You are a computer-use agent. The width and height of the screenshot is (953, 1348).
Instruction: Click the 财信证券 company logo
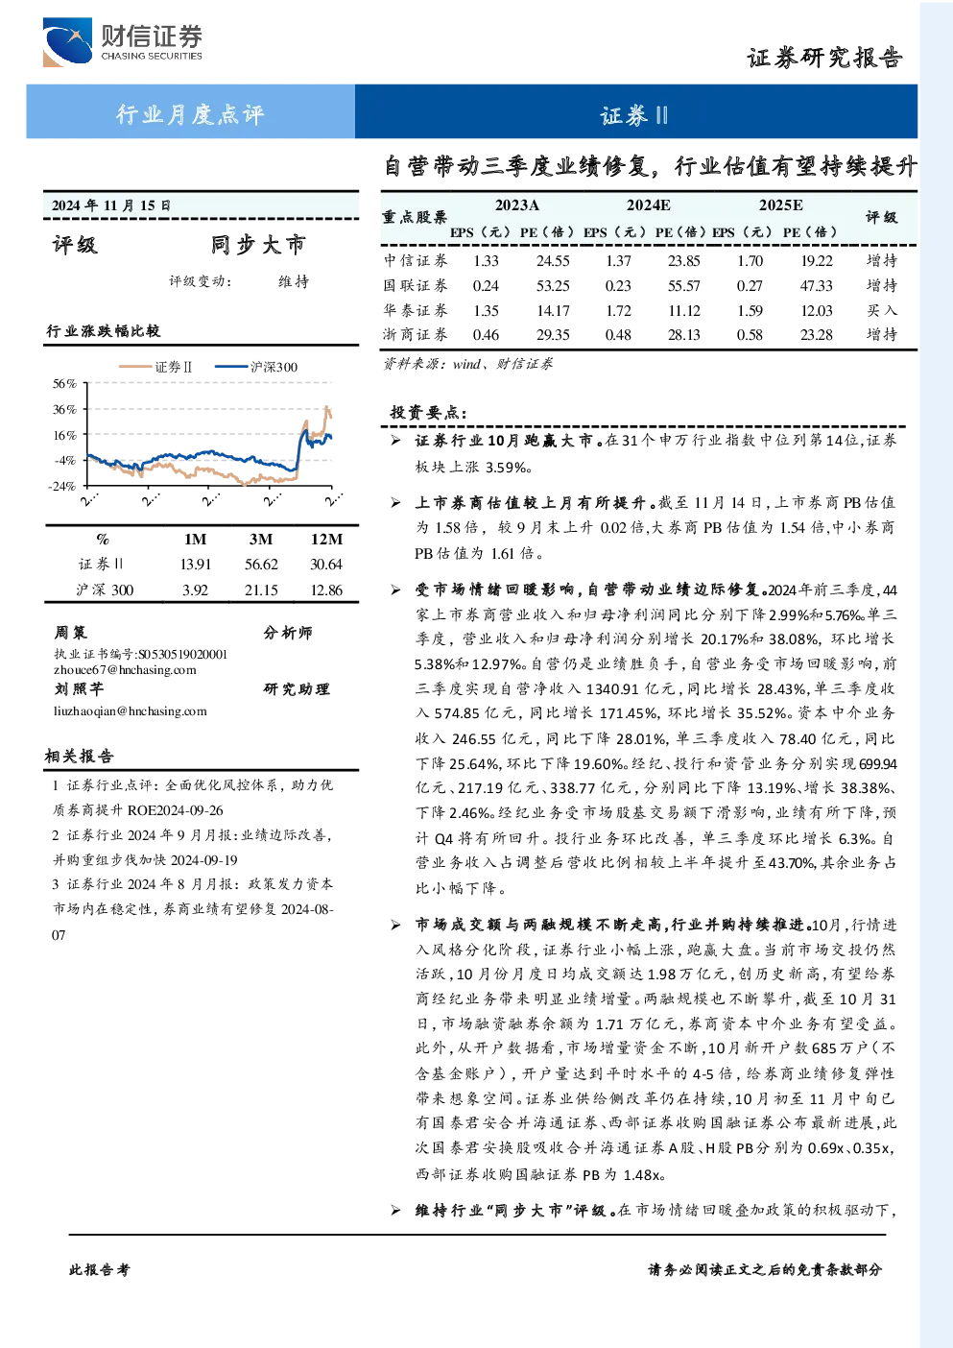[123, 41]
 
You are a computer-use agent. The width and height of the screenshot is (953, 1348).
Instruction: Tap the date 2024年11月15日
[111, 205]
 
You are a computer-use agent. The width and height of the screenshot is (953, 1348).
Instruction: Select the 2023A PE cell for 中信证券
[553, 260]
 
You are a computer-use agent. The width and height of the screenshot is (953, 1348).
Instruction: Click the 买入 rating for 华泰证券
[881, 310]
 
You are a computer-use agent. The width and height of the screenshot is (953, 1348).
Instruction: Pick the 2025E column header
[780, 205]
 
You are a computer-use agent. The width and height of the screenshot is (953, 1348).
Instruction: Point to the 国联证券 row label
[416, 285]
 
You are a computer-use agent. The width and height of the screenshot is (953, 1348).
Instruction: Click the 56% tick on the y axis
[65, 383]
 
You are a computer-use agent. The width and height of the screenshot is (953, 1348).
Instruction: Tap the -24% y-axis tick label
[62, 486]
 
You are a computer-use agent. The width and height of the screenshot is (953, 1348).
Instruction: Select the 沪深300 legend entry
[256, 367]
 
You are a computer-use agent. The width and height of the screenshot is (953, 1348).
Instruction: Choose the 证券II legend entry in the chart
[155, 367]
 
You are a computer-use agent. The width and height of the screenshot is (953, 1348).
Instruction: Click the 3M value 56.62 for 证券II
[261, 565]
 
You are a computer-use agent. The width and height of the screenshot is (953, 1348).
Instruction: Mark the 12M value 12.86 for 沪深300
[326, 590]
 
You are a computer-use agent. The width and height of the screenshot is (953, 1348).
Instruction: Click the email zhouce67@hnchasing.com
[125, 670]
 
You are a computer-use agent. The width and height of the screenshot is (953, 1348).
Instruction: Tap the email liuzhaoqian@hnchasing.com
[130, 710]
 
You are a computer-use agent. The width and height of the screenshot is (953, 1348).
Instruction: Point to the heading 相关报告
[79, 756]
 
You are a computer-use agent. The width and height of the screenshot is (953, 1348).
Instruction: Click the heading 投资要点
[428, 412]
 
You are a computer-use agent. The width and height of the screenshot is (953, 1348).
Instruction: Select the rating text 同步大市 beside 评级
[258, 245]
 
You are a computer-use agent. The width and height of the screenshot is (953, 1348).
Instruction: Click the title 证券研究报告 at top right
[824, 59]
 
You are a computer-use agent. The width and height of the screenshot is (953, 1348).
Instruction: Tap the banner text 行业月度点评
[190, 114]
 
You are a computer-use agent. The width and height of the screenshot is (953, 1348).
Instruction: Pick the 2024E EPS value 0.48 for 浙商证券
[618, 334]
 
